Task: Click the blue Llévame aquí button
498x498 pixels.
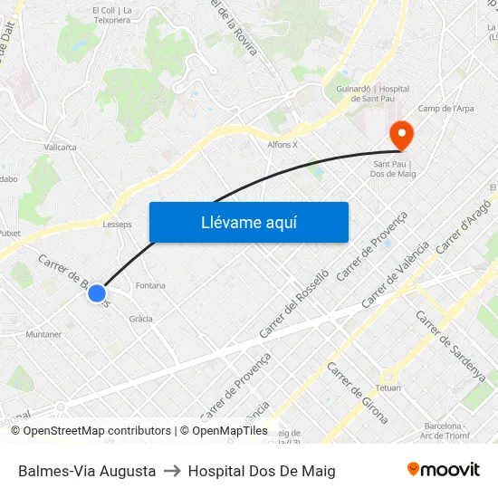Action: pyautogui.click(x=248, y=222)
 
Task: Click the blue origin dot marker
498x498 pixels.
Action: pyautogui.click(x=97, y=293)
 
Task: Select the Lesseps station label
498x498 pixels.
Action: pyautogui.click(x=118, y=224)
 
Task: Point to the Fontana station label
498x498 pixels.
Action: pyautogui.click(x=150, y=285)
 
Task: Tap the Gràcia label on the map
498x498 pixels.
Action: pyautogui.click(x=140, y=319)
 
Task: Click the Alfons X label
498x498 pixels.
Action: pyautogui.click(x=283, y=144)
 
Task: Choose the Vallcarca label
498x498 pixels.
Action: pyautogui.click(x=60, y=146)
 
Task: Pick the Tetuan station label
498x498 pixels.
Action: pyautogui.click(x=388, y=387)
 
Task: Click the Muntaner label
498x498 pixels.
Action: pyautogui.click(x=43, y=334)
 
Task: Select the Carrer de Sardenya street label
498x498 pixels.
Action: pyautogui.click(x=450, y=345)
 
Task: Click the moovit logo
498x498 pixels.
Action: pyautogui.click(x=443, y=470)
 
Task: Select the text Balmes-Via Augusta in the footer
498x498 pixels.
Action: pyautogui.click(x=87, y=471)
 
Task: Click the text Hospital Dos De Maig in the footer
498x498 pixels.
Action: pyautogui.click(x=262, y=471)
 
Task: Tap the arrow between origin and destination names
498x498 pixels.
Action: pyautogui.click(x=172, y=471)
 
